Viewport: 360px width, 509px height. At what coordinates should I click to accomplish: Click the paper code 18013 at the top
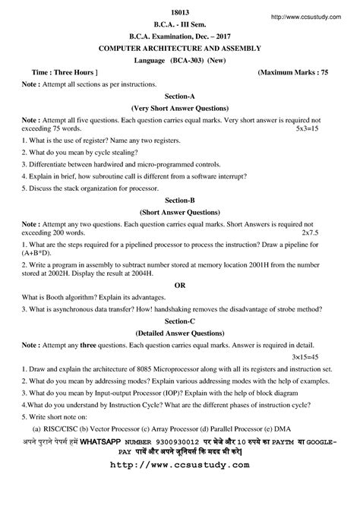tap(180, 8)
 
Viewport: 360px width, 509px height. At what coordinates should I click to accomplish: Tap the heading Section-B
tap(180, 201)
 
